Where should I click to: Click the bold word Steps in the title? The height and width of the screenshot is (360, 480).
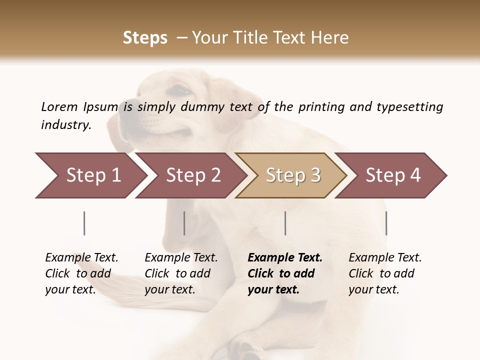[x=145, y=38]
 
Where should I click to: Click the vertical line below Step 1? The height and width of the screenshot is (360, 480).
[x=84, y=223]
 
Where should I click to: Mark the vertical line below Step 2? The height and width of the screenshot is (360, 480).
[x=184, y=223]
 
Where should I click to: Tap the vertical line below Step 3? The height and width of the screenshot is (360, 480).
[x=285, y=223]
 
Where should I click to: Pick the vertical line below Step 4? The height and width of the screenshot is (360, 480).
[x=386, y=223]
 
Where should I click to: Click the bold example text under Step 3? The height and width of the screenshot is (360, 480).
[x=285, y=273]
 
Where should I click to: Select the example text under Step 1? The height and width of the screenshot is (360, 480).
[x=81, y=273]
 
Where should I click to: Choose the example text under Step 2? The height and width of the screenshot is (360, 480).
[x=181, y=273]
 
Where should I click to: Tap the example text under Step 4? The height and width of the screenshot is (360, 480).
[x=385, y=273]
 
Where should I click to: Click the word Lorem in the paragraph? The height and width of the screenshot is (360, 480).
[x=59, y=107]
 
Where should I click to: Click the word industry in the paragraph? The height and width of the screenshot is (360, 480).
[x=65, y=125]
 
